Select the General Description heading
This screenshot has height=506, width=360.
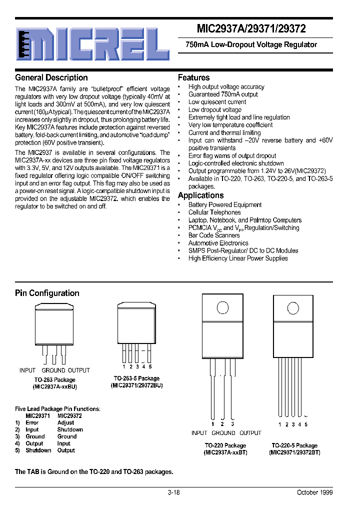pos(51,77)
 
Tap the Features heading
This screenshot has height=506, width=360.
pos(194,77)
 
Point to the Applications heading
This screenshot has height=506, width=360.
pos(200,195)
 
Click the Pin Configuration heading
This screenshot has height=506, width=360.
pos(47,293)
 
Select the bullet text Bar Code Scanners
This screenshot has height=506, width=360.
pos(214,235)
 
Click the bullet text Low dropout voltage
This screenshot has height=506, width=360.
pos(214,109)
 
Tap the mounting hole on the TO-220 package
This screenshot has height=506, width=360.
pos(222,306)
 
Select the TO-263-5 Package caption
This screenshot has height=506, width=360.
pos(136,378)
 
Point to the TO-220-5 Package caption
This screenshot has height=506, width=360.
pos(294,445)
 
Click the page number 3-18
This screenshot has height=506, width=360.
pos(173,492)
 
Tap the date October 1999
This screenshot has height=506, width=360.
pos(314,492)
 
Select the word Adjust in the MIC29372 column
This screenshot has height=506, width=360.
pos(65,422)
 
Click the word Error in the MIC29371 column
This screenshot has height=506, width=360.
pos(32,422)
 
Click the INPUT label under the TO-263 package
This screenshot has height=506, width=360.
pos(27,370)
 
